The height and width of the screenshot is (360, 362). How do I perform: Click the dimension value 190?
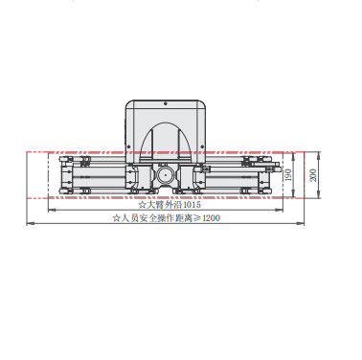[288, 175]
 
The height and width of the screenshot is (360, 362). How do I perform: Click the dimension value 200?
[313, 175]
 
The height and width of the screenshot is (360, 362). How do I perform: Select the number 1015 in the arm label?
[192, 204]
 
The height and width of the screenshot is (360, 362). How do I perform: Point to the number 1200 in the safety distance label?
[212, 218]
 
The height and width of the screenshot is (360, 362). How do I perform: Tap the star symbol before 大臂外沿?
[142, 205]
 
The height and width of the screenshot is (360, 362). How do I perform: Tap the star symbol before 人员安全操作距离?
[116, 218]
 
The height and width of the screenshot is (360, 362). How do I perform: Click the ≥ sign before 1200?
[197, 218]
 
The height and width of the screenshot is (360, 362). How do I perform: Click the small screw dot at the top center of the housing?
[166, 103]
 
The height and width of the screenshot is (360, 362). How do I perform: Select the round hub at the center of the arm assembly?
[166, 175]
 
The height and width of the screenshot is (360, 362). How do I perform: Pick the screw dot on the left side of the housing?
[128, 146]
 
